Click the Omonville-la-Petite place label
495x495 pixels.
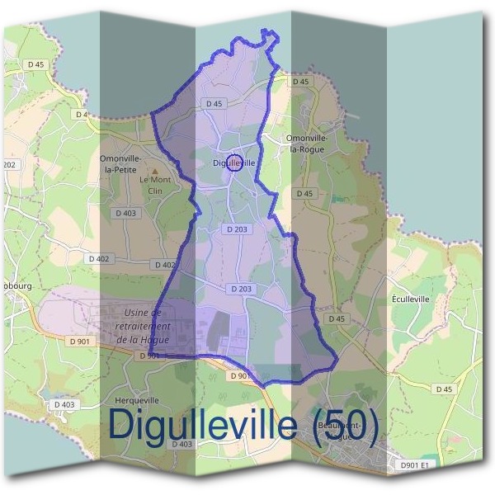[120, 163]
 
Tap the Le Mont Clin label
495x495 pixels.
[153, 185]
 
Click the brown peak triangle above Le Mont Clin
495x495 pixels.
[153, 172]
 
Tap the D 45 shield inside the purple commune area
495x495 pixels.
[214, 104]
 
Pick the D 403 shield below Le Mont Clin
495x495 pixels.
[125, 213]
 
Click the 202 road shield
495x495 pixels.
[9, 165]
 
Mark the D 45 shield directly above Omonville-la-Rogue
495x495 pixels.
[299, 82]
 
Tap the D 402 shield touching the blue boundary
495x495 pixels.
[164, 265]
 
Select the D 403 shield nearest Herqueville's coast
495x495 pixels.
[64, 404]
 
